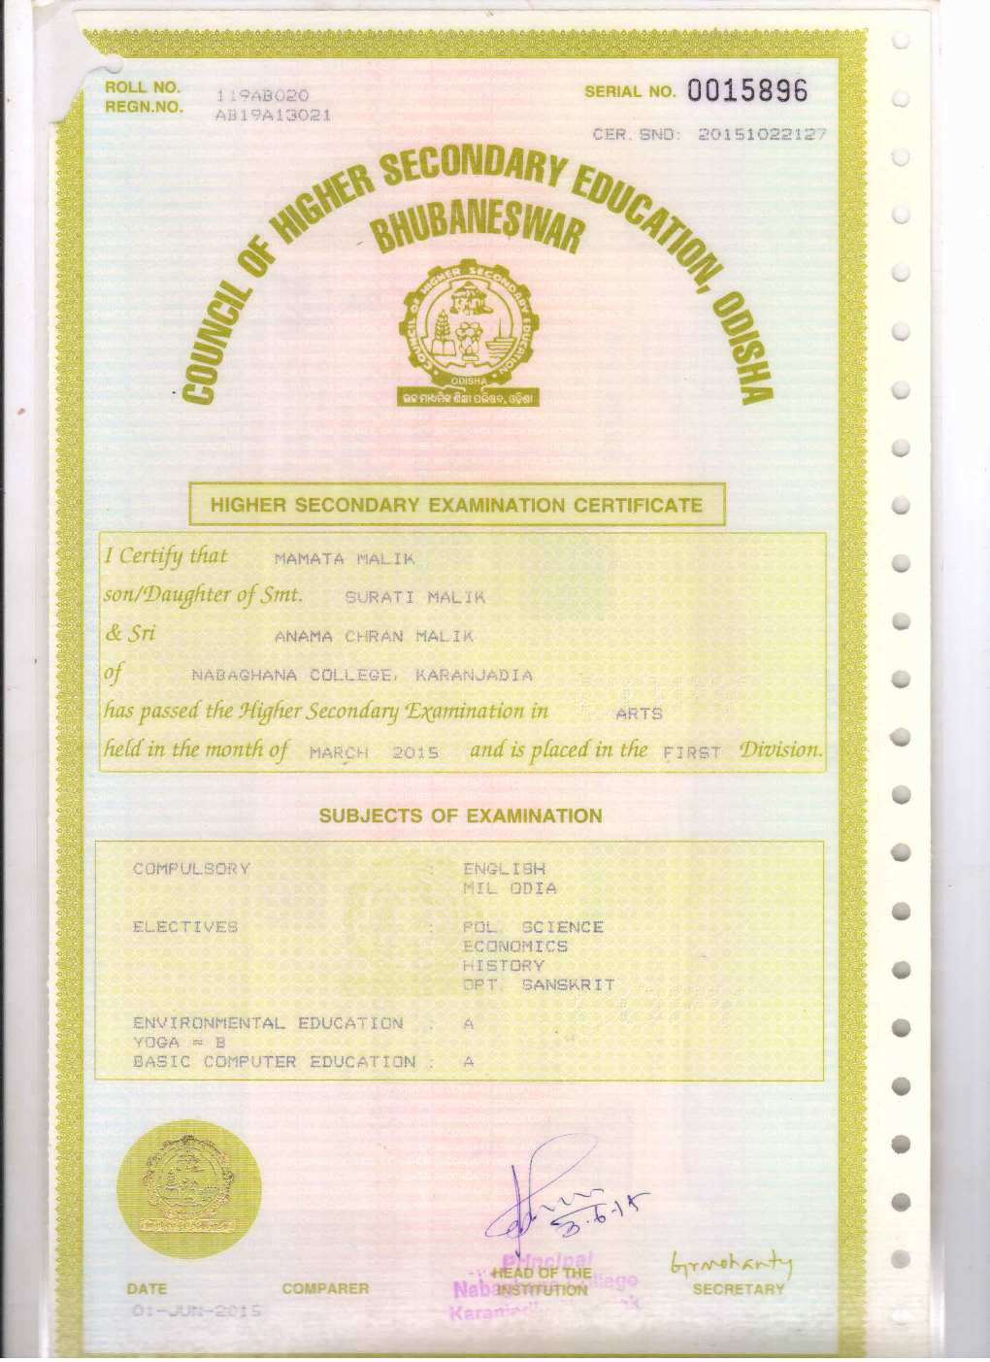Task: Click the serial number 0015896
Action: click(x=746, y=91)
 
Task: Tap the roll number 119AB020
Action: click(x=262, y=95)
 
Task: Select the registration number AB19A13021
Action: click(x=273, y=115)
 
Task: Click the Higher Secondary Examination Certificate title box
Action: click(x=456, y=505)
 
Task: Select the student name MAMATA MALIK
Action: click(x=345, y=559)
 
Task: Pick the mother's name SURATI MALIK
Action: click(x=414, y=597)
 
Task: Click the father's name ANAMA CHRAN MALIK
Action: click(x=374, y=637)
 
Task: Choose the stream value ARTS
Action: click(x=639, y=714)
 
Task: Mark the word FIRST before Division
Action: click(x=691, y=751)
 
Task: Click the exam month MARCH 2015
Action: click(x=374, y=752)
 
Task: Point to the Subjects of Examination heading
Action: click(x=460, y=815)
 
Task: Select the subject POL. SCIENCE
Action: click(x=533, y=927)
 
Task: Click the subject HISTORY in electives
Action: click(x=503, y=966)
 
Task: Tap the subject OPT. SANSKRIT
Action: click(x=539, y=985)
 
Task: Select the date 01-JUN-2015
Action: click(x=194, y=1311)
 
